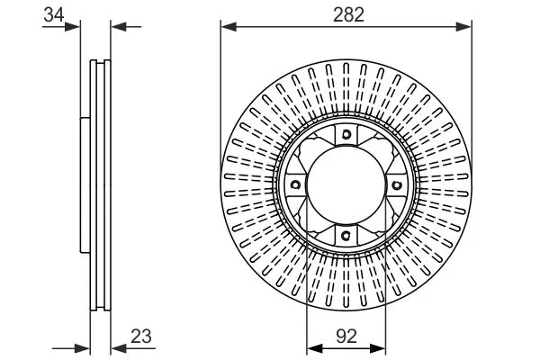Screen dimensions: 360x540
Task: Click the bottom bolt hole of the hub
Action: click(347, 236)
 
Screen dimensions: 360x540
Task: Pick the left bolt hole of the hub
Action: click(297, 185)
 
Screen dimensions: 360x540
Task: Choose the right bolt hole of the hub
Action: click(398, 185)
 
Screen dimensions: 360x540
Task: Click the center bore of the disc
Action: click(347, 185)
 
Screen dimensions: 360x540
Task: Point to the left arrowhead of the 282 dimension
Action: click(227, 26)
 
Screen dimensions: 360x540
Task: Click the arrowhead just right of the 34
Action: click(75, 26)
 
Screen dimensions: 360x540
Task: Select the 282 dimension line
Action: click(347, 26)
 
